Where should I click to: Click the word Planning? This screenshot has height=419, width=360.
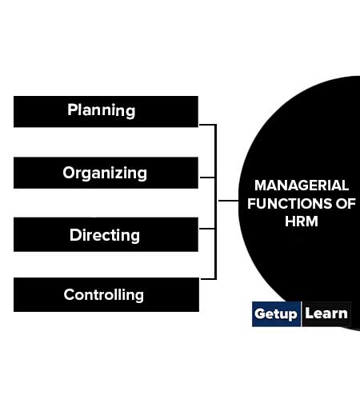click(102, 110)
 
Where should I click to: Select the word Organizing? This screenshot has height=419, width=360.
click(105, 174)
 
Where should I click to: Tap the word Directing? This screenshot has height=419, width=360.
click(105, 235)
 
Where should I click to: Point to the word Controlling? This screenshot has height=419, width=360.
click(104, 295)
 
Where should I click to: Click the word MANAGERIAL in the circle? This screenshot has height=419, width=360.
click(302, 186)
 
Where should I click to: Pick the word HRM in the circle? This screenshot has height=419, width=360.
click(302, 221)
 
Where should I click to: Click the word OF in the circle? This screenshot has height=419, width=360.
click(346, 204)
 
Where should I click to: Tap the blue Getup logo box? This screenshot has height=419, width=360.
click(276, 314)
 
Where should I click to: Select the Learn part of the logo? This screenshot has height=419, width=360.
click(326, 313)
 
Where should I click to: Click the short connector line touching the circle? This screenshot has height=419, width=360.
click(229, 201)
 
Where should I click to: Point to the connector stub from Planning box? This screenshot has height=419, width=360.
click(207, 125)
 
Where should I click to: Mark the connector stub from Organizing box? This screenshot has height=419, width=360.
click(207, 178)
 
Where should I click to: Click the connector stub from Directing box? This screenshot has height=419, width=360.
click(207, 229)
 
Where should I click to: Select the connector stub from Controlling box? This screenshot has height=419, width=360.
click(208, 279)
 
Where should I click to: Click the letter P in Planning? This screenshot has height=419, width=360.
click(72, 110)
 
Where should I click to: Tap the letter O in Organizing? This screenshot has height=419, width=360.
click(69, 173)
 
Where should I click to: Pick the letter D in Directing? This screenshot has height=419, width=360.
click(75, 235)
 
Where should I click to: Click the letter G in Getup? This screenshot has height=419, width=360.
click(260, 313)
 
